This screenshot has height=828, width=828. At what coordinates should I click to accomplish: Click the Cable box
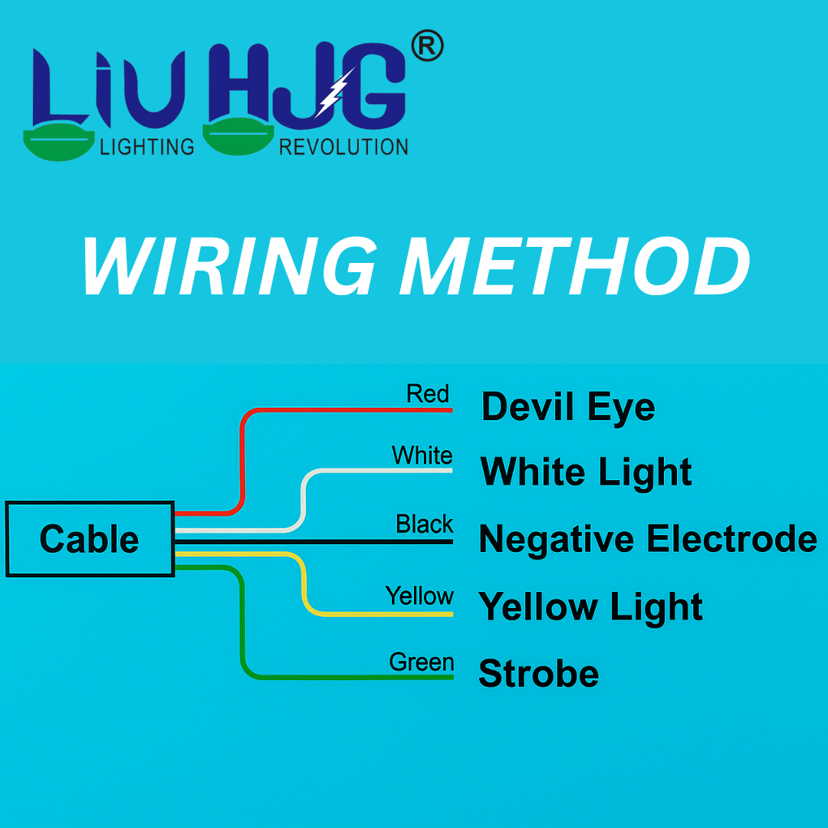click(90, 539)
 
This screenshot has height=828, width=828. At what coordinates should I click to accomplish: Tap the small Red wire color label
click(427, 394)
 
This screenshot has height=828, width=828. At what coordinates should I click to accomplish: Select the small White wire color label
click(422, 455)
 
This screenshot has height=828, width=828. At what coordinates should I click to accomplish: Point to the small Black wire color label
click(424, 524)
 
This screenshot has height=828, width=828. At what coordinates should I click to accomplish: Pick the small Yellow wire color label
click(419, 596)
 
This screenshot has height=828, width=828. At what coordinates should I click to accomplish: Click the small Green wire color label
click(421, 662)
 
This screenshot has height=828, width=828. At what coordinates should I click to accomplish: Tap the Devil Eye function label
click(567, 407)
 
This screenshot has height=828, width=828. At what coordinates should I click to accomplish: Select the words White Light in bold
click(586, 472)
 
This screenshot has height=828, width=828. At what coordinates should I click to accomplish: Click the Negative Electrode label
click(648, 538)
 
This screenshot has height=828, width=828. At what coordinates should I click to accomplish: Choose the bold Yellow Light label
click(590, 607)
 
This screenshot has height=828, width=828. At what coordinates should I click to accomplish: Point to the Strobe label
click(538, 674)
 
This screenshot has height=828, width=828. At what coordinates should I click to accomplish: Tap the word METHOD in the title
click(575, 267)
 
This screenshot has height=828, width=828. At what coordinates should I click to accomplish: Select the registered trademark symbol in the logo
click(427, 48)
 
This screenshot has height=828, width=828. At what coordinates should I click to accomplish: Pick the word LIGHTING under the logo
click(147, 146)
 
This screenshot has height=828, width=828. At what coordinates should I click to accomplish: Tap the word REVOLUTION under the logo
click(343, 146)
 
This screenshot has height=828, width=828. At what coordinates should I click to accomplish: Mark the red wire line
click(242, 460)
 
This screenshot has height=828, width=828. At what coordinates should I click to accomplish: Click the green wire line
click(243, 621)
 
